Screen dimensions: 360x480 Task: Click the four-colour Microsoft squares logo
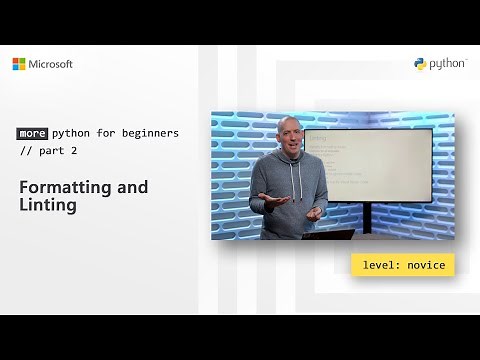pos(19,64)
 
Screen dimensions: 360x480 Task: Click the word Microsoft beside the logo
pos(50,64)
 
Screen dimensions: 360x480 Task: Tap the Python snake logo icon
pos(421,64)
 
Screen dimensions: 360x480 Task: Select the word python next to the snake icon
pos(448,64)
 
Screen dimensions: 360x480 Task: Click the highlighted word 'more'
pos(33,133)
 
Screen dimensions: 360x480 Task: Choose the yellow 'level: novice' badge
pos(403,265)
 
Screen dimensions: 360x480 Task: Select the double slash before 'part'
pos(26,150)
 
